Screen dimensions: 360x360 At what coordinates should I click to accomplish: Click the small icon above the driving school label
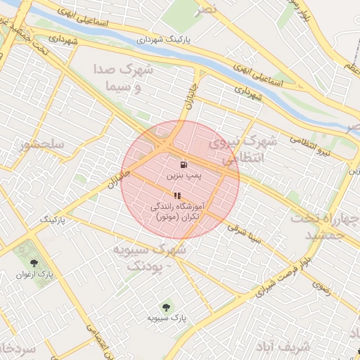[x=176, y=195]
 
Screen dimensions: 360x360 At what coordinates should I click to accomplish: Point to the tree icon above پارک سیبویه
[x=166, y=307]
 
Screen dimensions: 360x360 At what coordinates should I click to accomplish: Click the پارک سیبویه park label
[x=167, y=319]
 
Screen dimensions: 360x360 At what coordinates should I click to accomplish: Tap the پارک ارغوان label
[x=30, y=274]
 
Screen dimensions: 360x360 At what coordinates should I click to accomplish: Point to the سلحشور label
[x=42, y=145]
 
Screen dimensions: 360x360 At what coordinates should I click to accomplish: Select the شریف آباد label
[x=288, y=347]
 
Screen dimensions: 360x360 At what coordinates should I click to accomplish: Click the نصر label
[x=206, y=8]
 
